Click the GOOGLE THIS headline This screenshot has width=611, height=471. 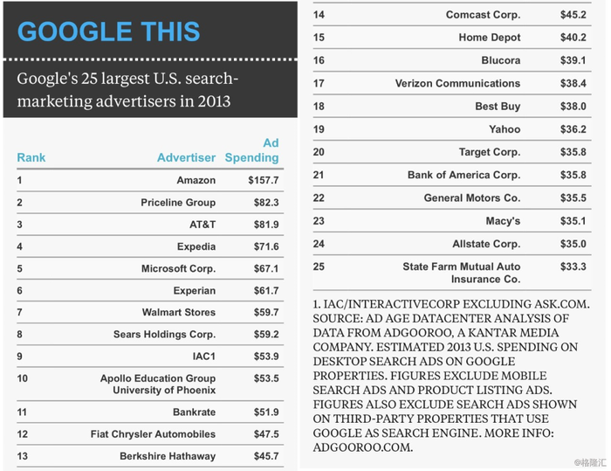pyautogui.click(x=109, y=32)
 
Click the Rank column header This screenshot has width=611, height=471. pyautogui.click(x=31, y=158)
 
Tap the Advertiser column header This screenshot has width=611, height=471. pyautogui.click(x=186, y=158)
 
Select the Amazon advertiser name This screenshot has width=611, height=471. pyautogui.click(x=196, y=181)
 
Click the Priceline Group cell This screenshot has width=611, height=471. pyautogui.click(x=178, y=203)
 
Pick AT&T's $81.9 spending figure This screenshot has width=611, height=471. pyautogui.click(x=264, y=225)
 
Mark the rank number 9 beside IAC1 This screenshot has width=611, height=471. pyautogui.click(x=19, y=357)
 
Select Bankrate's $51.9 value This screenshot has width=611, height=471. pyautogui.click(x=264, y=412)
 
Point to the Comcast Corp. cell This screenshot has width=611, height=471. pyautogui.click(x=483, y=15)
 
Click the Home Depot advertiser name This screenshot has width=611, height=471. pyautogui.click(x=490, y=38)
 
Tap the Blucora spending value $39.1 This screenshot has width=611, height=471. pyautogui.click(x=573, y=60)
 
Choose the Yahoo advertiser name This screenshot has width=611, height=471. pyautogui.click(x=505, y=129)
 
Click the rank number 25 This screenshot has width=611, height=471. pyautogui.click(x=319, y=267)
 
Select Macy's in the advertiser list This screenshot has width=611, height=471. pyautogui.click(x=503, y=221)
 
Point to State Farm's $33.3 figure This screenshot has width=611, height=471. pyautogui.click(x=573, y=267)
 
